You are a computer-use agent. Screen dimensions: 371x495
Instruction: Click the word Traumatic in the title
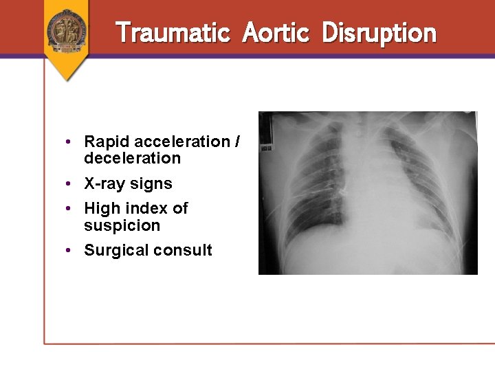pos(173,32)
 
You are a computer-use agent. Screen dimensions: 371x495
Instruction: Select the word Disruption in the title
pos(379,32)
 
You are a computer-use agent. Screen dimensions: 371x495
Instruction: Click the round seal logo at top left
pos(67,29)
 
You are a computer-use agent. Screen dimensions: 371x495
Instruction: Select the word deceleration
pos(132,159)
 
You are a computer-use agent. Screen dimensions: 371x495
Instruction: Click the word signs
pos(152,184)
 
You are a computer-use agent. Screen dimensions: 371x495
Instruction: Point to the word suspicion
pos(122,225)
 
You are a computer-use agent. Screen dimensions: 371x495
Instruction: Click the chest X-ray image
pos(368,193)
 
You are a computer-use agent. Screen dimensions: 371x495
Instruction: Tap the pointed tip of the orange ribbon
pos(67,79)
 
